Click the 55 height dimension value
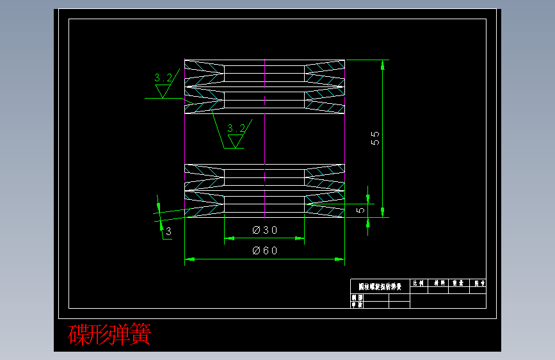pos(376,138)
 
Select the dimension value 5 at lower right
pos(361,209)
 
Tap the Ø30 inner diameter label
pos(264,230)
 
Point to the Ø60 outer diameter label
pos(264,250)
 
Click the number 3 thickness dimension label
pos(168,232)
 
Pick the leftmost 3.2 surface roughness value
pos(163,78)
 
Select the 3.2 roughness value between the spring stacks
pos(236,128)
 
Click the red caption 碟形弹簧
pos(109,334)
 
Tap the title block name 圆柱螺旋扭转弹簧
pos(380,286)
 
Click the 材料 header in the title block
pos(439,282)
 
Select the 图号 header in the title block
pos(478,282)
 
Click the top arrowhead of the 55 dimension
pos(383,64)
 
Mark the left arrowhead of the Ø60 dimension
pos(188,259)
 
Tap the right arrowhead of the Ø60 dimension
pos(341,259)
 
